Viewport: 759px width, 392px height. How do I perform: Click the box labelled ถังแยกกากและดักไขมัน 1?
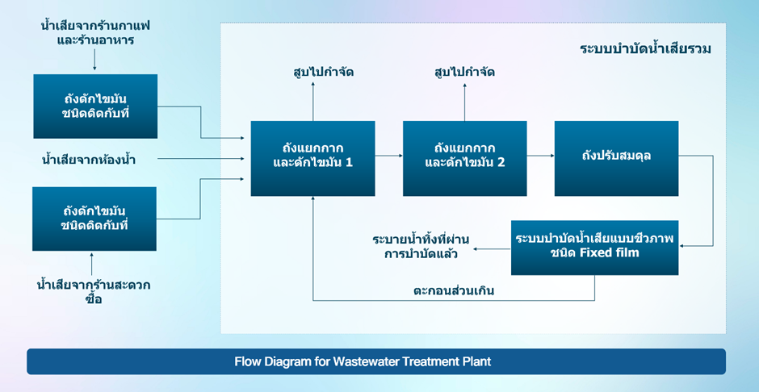tap(312, 158)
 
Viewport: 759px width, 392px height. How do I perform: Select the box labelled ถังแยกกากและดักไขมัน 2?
tap(464, 158)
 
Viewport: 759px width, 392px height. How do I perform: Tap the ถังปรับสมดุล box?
tap(616, 158)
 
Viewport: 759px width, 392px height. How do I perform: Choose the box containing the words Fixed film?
tap(594, 247)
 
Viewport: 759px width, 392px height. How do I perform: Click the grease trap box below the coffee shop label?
tap(95, 106)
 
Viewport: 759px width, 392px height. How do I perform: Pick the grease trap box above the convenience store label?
tap(95, 218)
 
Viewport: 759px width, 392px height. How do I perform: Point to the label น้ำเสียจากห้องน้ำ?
tap(89, 160)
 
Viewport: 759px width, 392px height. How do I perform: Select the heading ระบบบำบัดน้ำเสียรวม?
tap(645, 49)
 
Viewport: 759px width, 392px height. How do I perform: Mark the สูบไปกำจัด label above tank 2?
tap(464, 73)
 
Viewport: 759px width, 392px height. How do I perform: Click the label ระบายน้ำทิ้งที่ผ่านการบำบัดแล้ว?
tap(421, 247)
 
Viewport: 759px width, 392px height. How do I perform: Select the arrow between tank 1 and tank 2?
tap(389, 155)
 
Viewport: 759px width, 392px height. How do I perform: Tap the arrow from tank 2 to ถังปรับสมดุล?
tap(540, 155)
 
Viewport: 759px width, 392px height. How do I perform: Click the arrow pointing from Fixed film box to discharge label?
tap(492, 249)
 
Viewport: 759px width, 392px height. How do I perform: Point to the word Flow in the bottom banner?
tap(248, 361)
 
